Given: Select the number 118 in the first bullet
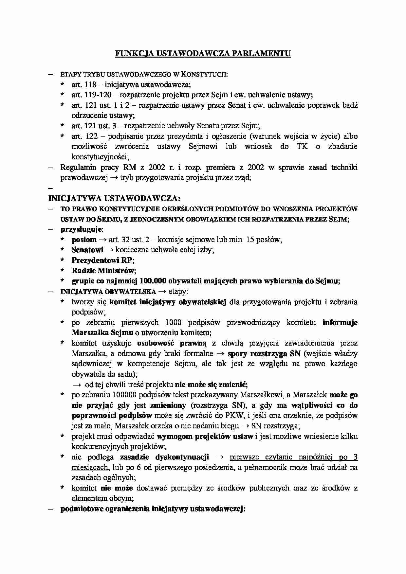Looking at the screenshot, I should pyautogui.click(x=90, y=85).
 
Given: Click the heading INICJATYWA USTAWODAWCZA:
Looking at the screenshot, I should pyautogui.click(x=114, y=198).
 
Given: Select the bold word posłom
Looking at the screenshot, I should pyautogui.click(x=84, y=240).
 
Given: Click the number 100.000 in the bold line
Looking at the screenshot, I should pyautogui.click(x=153, y=281).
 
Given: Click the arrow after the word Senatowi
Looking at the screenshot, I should pyautogui.click(x=109, y=250).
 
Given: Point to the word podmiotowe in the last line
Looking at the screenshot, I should pyautogui.click(x=79, y=509).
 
